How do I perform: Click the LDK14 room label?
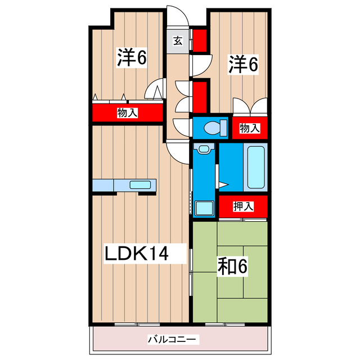coord(136,253)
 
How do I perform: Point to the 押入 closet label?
coord(243,206)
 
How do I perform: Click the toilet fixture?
coord(213,128)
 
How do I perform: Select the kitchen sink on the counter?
coord(138,184)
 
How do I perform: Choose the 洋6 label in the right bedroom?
coord(243,64)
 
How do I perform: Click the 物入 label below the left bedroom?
coord(127,113)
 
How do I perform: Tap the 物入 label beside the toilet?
coord(249,128)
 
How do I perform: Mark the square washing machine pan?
coord(204,208)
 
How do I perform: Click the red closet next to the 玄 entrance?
coord(200,39)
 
